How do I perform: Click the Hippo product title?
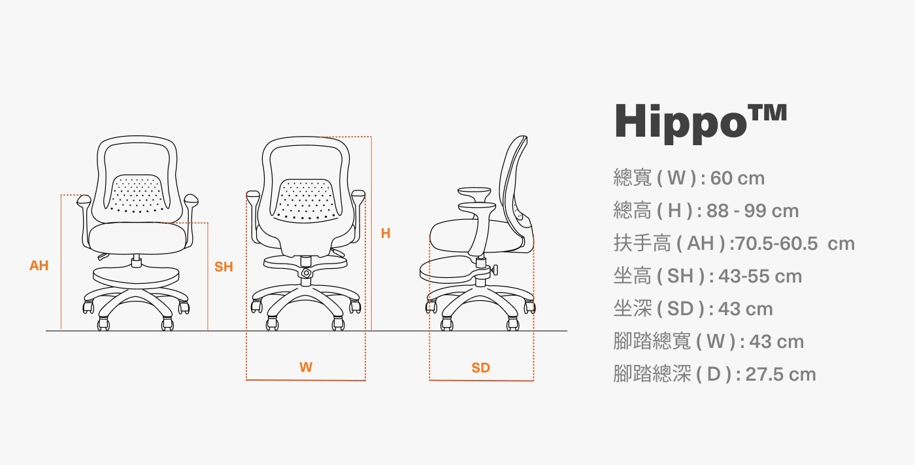701,122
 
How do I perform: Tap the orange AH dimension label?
39,266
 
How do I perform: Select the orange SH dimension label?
224,267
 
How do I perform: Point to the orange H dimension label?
386,233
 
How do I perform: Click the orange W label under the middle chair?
306,367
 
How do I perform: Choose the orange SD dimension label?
480,368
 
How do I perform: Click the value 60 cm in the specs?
737,178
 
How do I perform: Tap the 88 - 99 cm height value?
752,211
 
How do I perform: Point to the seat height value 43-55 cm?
760,276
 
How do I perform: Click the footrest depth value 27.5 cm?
780,374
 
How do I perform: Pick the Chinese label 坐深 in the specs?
633,309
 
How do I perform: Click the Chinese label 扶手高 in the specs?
642,243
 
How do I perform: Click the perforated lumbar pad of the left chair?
137,194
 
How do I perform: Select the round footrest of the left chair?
136,276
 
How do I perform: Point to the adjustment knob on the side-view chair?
495,269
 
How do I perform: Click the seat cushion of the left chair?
137,238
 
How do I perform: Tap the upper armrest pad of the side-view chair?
474,194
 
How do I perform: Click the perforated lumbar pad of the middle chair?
306,200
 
